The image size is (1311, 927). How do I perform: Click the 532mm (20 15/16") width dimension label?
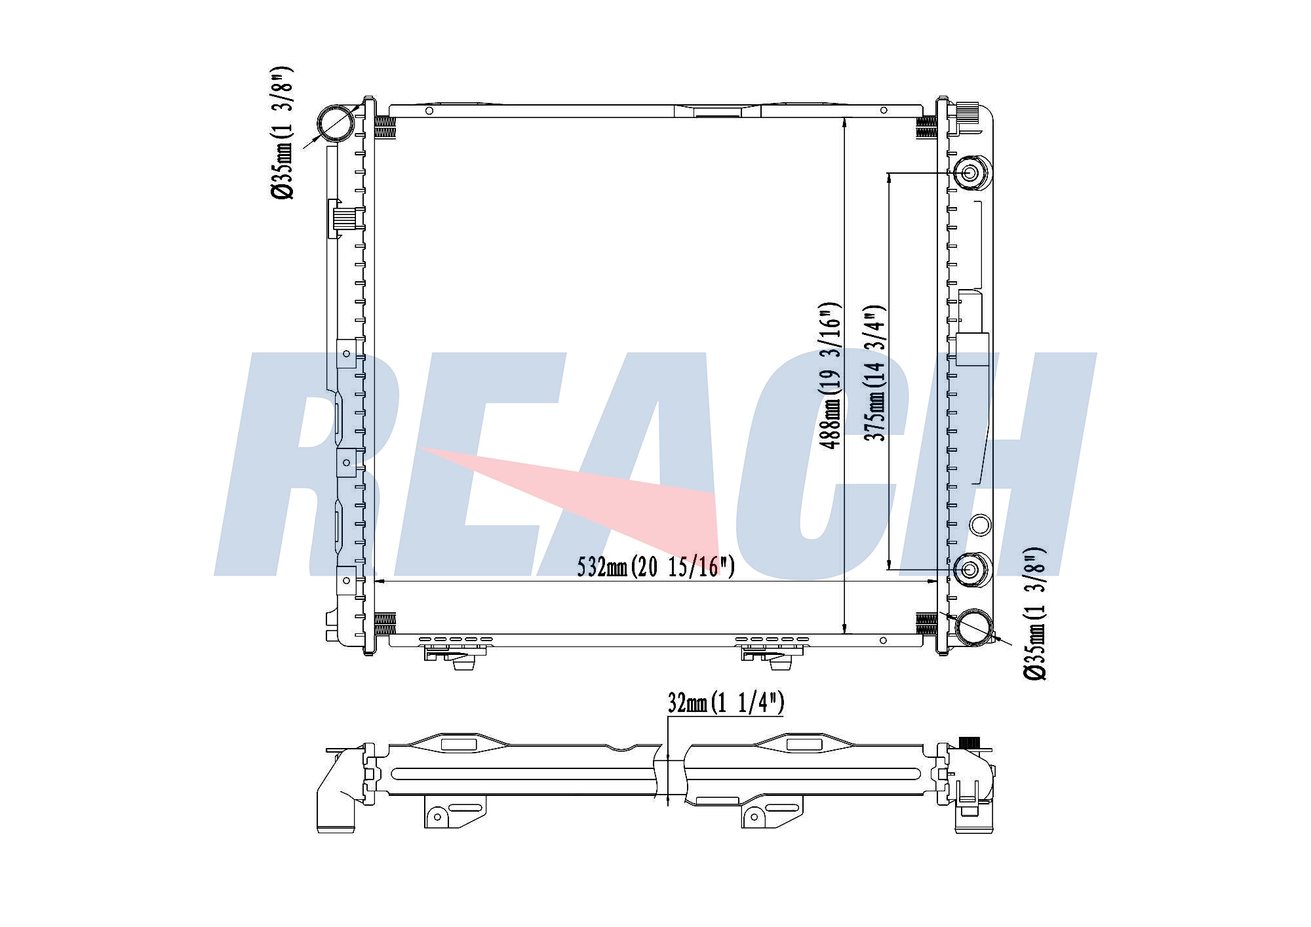655,566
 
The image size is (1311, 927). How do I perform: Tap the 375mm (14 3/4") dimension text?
875,372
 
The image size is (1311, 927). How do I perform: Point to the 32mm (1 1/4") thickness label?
726,703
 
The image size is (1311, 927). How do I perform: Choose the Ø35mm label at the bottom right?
1035,613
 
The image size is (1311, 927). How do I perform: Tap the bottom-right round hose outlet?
973,627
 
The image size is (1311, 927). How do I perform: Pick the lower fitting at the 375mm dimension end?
970,569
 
